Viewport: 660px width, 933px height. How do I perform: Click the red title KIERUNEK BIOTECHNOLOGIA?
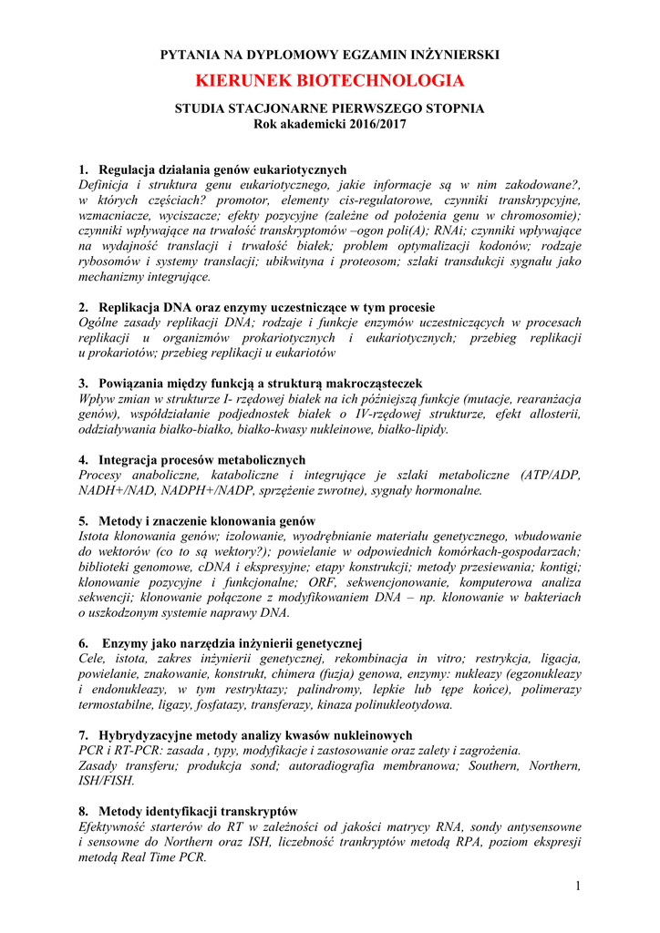tap(330, 81)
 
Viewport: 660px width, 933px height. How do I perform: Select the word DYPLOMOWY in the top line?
tap(277, 55)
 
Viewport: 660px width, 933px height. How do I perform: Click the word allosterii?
tap(552, 414)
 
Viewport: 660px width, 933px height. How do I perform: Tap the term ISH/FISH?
tap(107, 781)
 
